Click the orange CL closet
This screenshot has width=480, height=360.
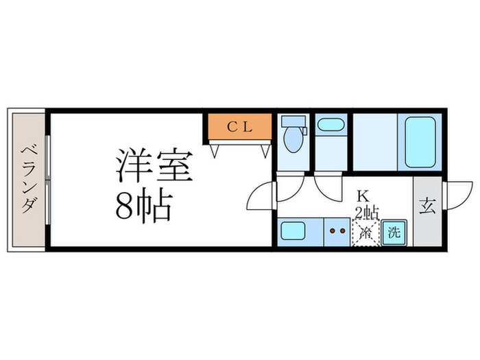click(240, 126)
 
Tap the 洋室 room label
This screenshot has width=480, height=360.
click(154, 166)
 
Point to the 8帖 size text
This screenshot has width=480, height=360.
click(144, 206)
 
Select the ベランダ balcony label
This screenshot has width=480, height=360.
click(28, 180)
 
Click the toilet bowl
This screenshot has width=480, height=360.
click(293, 140)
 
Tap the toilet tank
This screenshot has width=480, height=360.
click(293, 121)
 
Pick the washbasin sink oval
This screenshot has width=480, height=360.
click(330, 125)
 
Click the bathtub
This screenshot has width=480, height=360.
click(420, 142)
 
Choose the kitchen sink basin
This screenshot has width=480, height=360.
click(293, 231)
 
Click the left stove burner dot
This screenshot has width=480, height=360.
click(333, 231)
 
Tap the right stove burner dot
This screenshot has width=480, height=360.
click(343, 231)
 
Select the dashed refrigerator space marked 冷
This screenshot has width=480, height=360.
click(366, 232)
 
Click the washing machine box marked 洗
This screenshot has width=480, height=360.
click(394, 232)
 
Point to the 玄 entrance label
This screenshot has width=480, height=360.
click(427, 206)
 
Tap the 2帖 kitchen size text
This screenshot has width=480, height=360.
click(367, 213)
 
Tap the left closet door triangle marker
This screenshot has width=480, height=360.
click(215, 152)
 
